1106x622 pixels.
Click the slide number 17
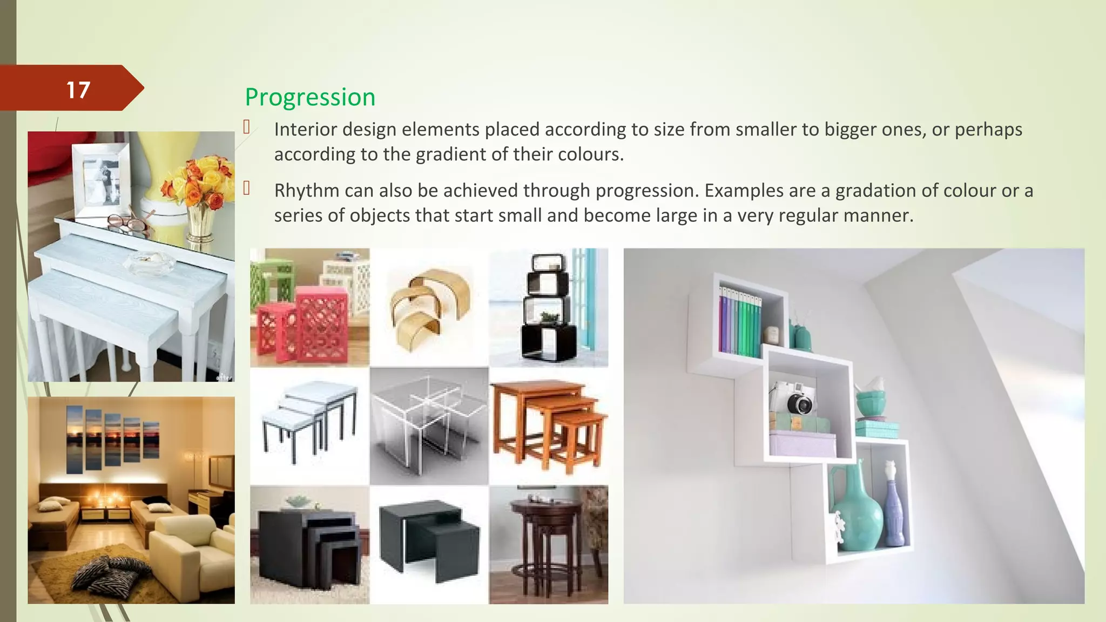(78, 90)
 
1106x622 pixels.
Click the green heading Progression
(310, 97)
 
